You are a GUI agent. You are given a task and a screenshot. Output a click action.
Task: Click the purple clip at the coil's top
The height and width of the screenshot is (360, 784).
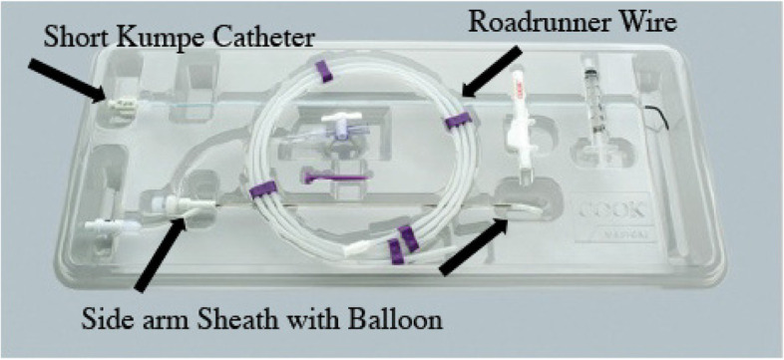(x=322, y=69)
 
